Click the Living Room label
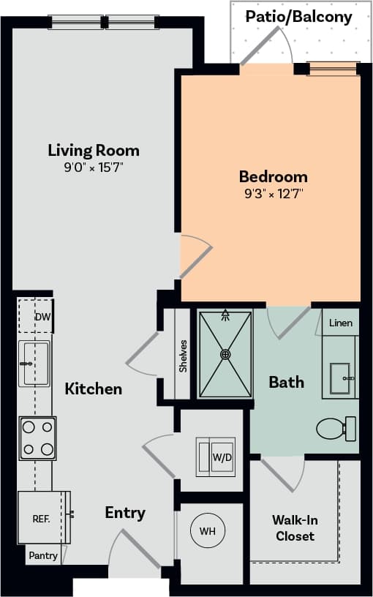(x=94, y=151)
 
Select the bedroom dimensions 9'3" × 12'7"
(x=273, y=194)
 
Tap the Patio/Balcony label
(x=298, y=16)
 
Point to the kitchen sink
(x=34, y=363)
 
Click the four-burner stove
(x=37, y=438)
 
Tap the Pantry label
(x=43, y=555)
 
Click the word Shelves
(x=183, y=355)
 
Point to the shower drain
(x=225, y=354)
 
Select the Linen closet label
(x=340, y=323)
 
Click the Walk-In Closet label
(x=295, y=527)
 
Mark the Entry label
(x=124, y=512)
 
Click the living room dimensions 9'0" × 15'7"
(x=94, y=168)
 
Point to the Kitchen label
(x=94, y=388)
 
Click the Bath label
(x=286, y=382)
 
